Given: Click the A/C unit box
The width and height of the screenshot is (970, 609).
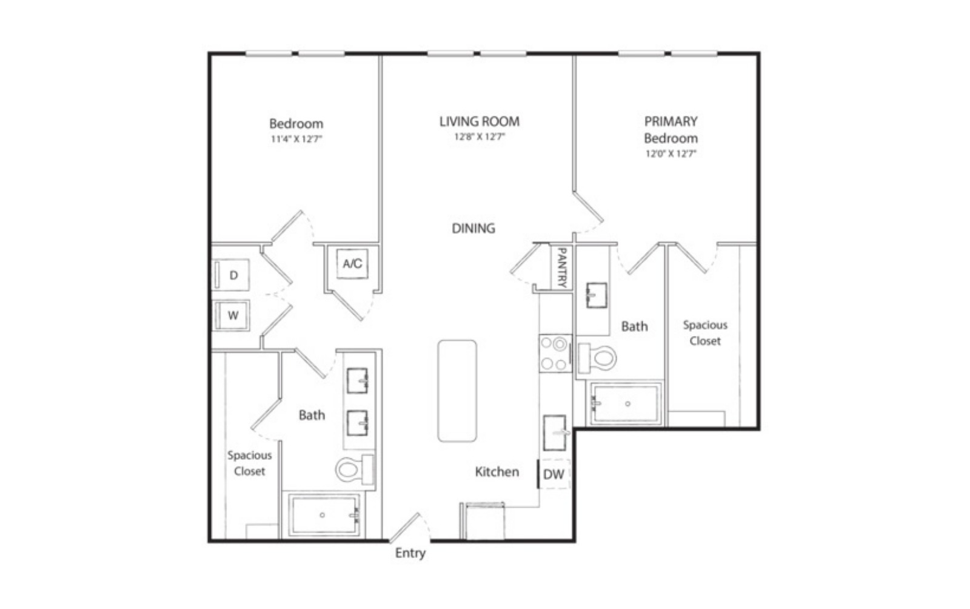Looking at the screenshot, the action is click(352, 264).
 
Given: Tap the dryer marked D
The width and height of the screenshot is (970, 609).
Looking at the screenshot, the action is click(232, 275).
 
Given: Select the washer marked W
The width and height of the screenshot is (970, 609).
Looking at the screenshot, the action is click(232, 315).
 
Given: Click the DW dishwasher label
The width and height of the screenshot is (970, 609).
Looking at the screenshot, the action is click(554, 474).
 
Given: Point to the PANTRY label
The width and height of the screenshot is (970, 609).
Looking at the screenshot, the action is click(561, 267).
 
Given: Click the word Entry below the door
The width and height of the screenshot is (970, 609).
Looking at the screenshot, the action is click(410, 553).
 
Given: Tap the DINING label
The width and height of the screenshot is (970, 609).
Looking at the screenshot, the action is click(473, 228).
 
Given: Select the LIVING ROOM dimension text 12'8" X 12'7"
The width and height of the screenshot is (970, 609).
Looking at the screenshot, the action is click(480, 137).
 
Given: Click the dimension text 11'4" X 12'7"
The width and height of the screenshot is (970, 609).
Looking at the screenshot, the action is click(296, 139).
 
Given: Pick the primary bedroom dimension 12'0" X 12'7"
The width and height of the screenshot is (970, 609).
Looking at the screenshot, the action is click(671, 153).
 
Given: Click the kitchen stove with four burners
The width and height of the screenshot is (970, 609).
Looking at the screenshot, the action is click(555, 354).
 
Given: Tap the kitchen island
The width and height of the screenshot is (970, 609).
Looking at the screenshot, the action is click(457, 391).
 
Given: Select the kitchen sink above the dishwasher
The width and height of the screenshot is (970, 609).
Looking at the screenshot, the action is click(555, 433).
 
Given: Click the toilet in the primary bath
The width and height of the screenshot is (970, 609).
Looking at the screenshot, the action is click(597, 358).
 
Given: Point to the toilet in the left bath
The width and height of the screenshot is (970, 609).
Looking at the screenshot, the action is click(355, 469).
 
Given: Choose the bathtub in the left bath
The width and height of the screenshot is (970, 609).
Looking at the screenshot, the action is click(324, 515).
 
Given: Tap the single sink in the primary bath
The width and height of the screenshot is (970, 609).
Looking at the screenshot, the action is click(597, 295).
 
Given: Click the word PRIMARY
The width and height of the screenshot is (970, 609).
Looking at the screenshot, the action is click(671, 121).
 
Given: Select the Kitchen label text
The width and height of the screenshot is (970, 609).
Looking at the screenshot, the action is click(497, 472).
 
